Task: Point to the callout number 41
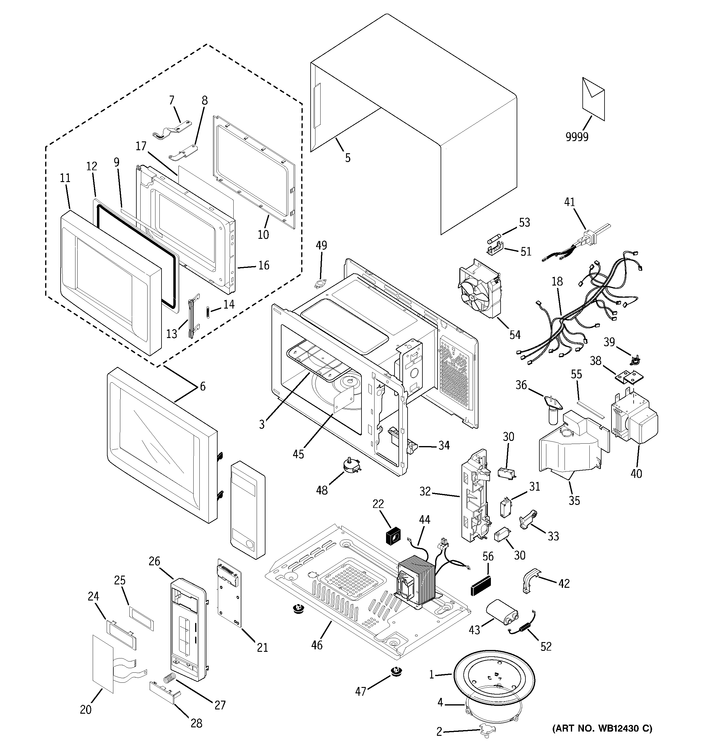569,202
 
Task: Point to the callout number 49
321,245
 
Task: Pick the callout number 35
574,501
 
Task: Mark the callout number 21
262,648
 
